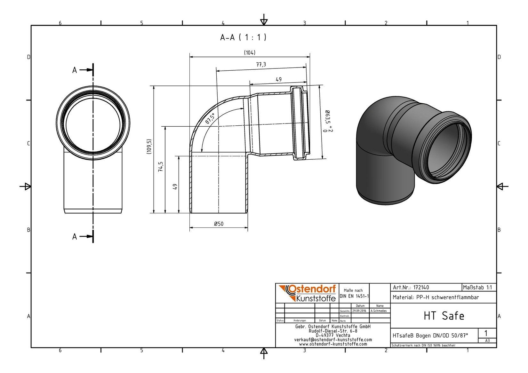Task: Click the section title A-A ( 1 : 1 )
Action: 243,37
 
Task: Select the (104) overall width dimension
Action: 250,52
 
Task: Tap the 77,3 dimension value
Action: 261,64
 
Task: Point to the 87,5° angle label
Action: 210,118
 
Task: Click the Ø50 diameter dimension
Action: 219,224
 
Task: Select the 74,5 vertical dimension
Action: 161,167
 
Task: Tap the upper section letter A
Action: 75,70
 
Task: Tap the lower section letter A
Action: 75,236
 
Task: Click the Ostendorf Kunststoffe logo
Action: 307,293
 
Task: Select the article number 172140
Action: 421,288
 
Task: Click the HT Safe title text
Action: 444,316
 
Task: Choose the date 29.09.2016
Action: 359,311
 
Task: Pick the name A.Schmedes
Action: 379,311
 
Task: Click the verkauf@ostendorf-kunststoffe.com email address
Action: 333,340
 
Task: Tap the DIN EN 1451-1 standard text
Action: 354,296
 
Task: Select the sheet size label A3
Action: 487,340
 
